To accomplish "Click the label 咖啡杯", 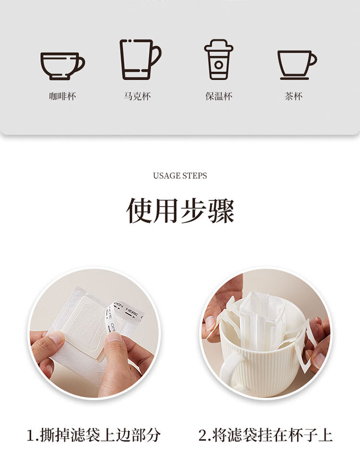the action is click(x=62, y=97).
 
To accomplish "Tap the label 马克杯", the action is click(x=137, y=97).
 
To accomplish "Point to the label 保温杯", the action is click(x=218, y=97).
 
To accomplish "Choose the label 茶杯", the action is click(x=293, y=97).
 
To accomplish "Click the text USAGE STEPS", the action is click(x=180, y=176).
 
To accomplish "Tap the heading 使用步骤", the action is click(x=180, y=211).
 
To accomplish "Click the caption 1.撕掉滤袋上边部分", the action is click(x=94, y=435).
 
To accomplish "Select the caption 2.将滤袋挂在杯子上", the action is click(x=265, y=435).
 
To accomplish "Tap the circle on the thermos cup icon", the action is click(x=218, y=64).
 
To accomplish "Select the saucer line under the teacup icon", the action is click(x=295, y=78).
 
